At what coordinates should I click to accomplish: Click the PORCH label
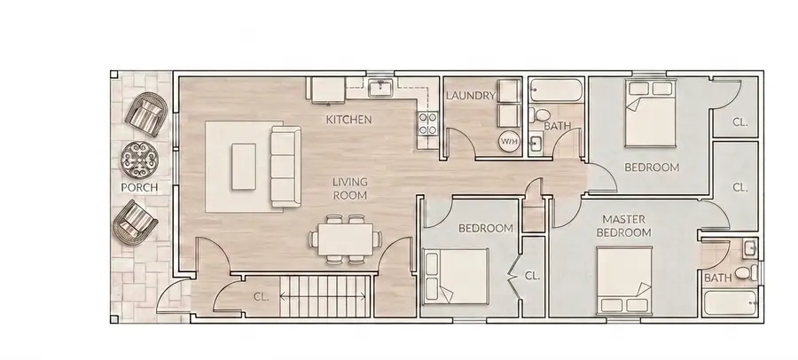click(139, 187)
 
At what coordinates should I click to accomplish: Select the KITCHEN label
click(348, 120)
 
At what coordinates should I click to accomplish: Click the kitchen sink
click(380, 88)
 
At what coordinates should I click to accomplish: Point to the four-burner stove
click(427, 123)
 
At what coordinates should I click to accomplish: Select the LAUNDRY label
click(470, 95)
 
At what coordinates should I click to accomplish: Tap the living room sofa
click(285, 167)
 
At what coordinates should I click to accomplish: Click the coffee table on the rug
click(244, 167)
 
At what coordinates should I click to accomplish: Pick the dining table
click(346, 239)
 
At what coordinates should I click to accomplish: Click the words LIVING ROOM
click(349, 188)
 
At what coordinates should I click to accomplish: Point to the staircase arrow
click(323, 297)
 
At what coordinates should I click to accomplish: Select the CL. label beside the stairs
click(261, 297)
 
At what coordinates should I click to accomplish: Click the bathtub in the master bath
click(731, 303)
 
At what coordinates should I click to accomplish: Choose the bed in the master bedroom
click(624, 280)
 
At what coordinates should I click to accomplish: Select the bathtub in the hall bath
click(556, 90)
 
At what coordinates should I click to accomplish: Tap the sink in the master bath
click(750, 249)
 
